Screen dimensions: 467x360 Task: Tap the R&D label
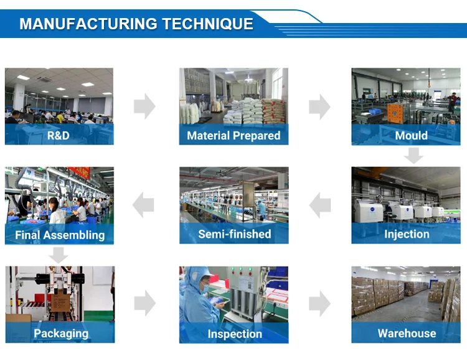tap(59, 135)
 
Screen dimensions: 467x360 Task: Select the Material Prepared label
tap(233, 135)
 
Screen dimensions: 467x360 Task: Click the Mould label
tap(411, 135)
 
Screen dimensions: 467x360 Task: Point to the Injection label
tap(407, 234)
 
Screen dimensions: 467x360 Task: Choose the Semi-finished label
tap(234, 234)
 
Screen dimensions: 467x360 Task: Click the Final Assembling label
tap(60, 235)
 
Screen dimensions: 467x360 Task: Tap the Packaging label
tap(61, 333)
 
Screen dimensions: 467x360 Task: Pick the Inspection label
tap(235, 334)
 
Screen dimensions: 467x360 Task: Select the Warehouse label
tap(407, 333)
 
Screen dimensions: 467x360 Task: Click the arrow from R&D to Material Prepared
tap(144, 106)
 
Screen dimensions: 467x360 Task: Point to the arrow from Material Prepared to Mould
tap(319, 106)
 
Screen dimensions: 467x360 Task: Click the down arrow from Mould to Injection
tap(413, 155)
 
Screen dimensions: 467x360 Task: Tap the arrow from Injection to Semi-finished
tap(320, 205)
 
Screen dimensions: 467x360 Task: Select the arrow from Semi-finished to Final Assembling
tap(143, 205)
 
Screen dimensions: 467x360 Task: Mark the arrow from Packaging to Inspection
tap(144, 303)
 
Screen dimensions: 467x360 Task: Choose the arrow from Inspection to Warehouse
tap(319, 303)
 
